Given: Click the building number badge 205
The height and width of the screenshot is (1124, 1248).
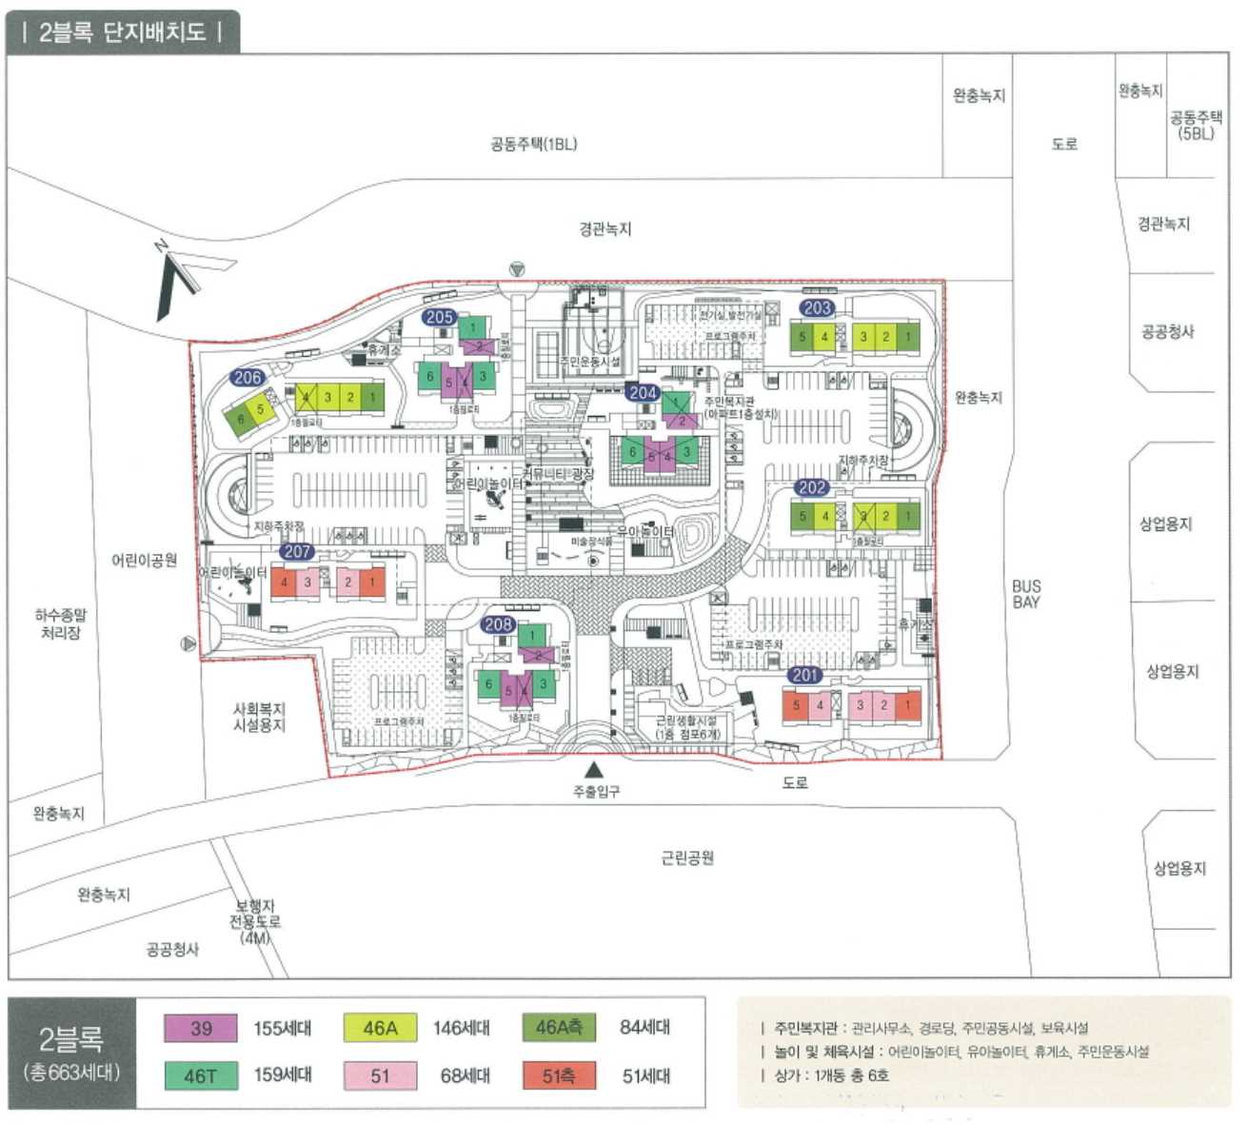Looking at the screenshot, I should (440, 317).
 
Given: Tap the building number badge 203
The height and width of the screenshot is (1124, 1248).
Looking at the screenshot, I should (818, 307).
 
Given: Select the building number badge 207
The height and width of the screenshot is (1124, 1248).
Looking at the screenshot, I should (297, 551).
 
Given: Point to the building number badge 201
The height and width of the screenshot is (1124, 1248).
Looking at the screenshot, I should (805, 675).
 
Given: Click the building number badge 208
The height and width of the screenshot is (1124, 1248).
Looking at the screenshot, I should (499, 624).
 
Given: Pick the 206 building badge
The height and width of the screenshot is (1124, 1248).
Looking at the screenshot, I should (248, 377).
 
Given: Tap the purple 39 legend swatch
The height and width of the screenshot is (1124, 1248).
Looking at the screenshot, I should (201, 1028).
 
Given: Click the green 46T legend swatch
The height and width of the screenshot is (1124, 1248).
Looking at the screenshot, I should (201, 1075).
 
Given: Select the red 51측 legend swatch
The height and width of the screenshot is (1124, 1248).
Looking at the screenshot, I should (559, 1075).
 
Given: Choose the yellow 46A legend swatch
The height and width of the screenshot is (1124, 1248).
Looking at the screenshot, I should (380, 1028).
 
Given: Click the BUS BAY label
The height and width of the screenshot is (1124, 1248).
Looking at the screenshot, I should (1026, 594).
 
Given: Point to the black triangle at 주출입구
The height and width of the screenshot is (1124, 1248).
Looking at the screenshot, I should (594, 769).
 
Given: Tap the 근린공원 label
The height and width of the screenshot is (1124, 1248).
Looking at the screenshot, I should (687, 858).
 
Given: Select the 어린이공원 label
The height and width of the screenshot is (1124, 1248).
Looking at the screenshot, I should (144, 561).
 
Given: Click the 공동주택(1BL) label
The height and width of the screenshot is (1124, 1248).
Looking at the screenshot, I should (533, 145).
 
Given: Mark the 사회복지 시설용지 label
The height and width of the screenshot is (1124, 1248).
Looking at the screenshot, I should (259, 718).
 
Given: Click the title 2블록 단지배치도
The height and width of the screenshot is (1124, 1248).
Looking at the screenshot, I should (122, 32).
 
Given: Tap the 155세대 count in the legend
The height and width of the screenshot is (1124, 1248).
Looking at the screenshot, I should (282, 1029).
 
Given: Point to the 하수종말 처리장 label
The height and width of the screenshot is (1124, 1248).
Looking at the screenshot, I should (61, 624).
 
